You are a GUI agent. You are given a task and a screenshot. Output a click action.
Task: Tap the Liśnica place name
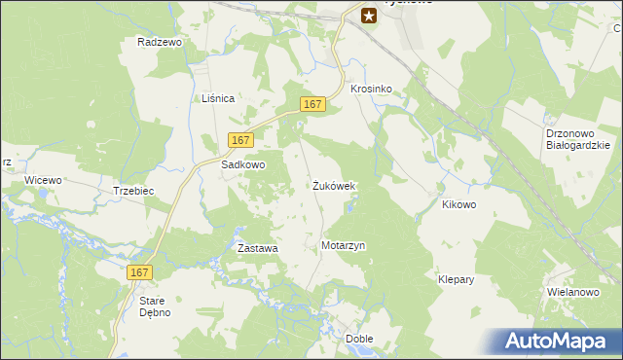point(218,98)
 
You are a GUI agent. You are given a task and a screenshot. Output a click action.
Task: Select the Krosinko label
point(371,89)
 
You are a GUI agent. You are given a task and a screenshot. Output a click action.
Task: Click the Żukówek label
point(334,185)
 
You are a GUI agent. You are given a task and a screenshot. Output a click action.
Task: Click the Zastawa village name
point(258,248)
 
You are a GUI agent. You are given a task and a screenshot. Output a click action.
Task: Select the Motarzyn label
point(343,246)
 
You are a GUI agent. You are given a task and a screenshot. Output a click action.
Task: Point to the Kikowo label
point(458,205)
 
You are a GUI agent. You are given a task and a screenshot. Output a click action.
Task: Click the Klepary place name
point(456,279)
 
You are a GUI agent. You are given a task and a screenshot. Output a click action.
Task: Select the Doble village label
point(359,339)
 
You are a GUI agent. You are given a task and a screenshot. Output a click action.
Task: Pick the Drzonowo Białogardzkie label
point(577,140)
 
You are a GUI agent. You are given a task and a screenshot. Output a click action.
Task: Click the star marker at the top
point(369,15)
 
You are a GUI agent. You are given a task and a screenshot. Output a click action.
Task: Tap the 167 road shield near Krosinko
point(311,104)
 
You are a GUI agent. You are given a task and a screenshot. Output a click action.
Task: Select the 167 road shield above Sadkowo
point(242,140)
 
